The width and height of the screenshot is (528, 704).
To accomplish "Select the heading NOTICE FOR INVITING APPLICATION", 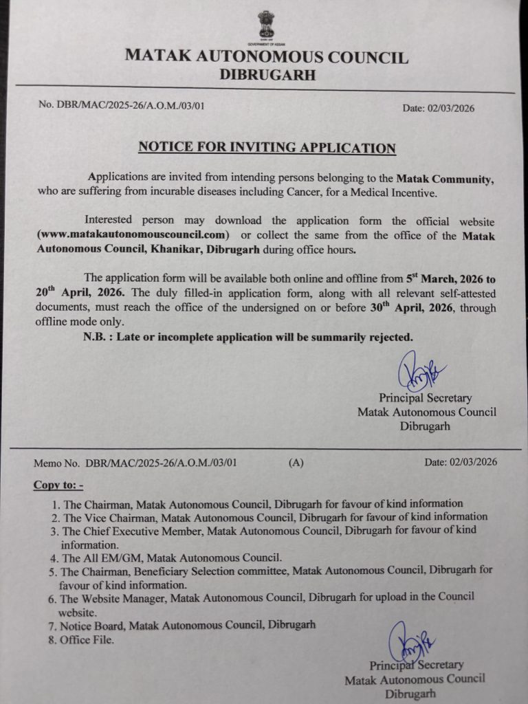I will pos(267,148).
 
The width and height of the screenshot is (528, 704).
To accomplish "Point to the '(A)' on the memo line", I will pos(296,463).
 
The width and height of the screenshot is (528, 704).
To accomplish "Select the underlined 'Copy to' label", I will pos(58,485).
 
